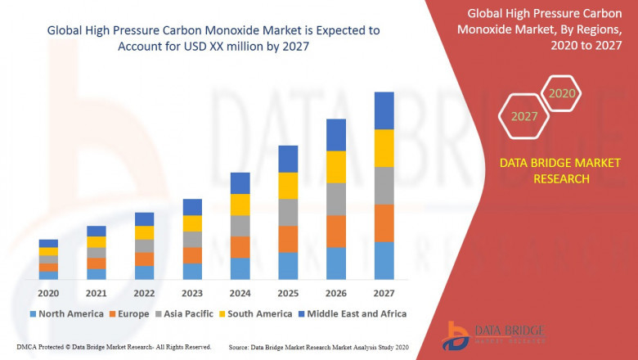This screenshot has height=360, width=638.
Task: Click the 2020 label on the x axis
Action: coord(48,293)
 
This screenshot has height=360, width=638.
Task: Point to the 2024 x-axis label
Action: coord(240,293)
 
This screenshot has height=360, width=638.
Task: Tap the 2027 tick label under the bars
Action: coord(384,293)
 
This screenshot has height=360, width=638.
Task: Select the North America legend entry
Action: coord(66,313)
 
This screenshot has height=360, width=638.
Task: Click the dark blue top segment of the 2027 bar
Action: coord(384,110)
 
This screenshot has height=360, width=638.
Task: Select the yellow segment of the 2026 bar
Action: coord(335,167)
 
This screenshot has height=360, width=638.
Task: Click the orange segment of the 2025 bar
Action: coord(288,239)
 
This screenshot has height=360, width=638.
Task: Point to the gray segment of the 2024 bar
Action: coord(240,226)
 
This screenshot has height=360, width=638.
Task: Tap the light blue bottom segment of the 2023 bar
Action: coord(192,271)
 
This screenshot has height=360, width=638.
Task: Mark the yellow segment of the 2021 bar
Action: coord(97,241)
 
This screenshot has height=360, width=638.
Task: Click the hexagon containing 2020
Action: coord(561,93)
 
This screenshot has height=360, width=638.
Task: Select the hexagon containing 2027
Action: coord(524,116)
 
